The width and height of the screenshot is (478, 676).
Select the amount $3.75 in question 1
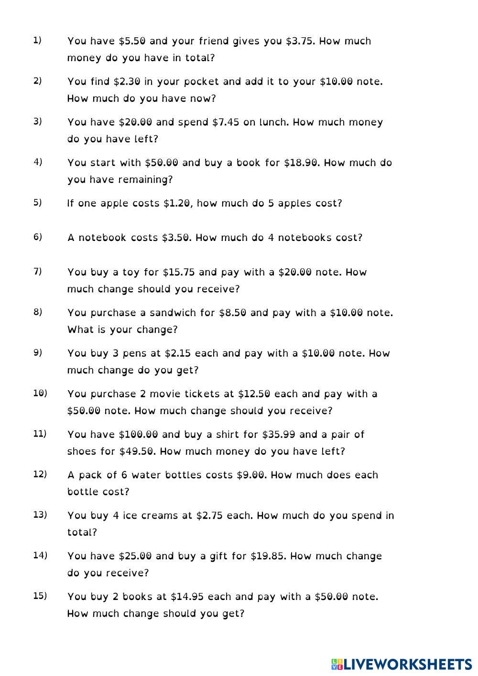[300, 41]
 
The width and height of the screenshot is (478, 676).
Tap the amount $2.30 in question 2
[127, 82]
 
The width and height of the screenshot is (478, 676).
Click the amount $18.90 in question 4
[301, 163]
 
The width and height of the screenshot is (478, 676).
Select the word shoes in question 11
[82, 451]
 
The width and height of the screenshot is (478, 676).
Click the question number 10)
[40, 393]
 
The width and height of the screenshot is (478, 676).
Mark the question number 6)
[38, 237]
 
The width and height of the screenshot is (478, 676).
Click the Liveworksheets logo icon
[337, 664]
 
